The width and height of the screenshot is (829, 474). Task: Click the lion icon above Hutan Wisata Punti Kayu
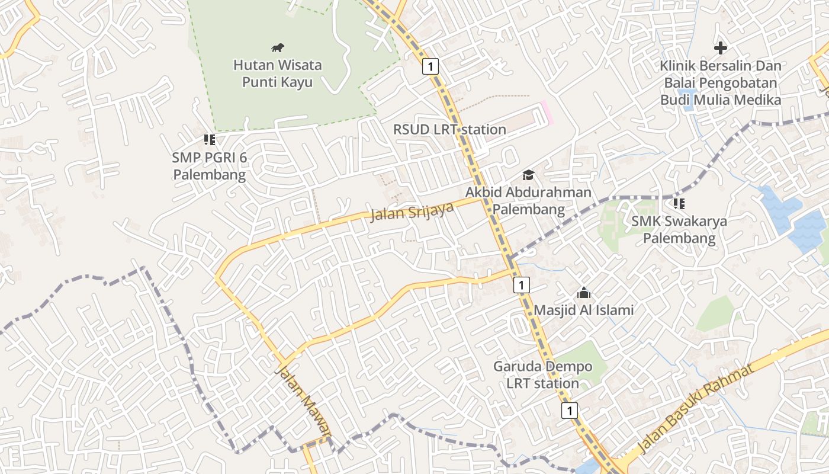point(278,47)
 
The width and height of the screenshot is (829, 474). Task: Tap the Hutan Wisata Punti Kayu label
point(277,73)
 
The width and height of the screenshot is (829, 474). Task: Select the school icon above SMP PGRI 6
point(209,140)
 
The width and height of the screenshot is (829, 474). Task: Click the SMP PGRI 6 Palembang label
point(209,166)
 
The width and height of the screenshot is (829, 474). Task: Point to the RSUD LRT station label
point(449,129)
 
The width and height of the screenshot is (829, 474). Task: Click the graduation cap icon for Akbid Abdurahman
point(528,175)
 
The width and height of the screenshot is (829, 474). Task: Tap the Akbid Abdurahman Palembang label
point(528,201)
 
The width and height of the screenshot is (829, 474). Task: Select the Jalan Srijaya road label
point(412,211)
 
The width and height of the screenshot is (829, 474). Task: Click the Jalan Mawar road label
point(303,403)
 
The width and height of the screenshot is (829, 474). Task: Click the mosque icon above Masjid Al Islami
point(583,293)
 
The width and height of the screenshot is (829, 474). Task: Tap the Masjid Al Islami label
point(583,310)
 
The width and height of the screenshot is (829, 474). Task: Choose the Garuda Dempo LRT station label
point(542,374)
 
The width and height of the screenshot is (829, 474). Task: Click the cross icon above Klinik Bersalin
point(721,47)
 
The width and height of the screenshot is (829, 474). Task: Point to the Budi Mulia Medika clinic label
point(721,82)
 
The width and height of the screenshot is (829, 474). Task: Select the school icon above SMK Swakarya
point(679,204)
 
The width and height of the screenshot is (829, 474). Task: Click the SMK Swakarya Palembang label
point(679,230)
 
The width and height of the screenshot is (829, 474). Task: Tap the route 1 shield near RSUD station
point(430,66)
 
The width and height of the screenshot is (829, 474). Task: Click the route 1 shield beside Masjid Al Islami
point(521,285)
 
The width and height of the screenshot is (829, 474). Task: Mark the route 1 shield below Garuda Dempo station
point(570,410)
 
